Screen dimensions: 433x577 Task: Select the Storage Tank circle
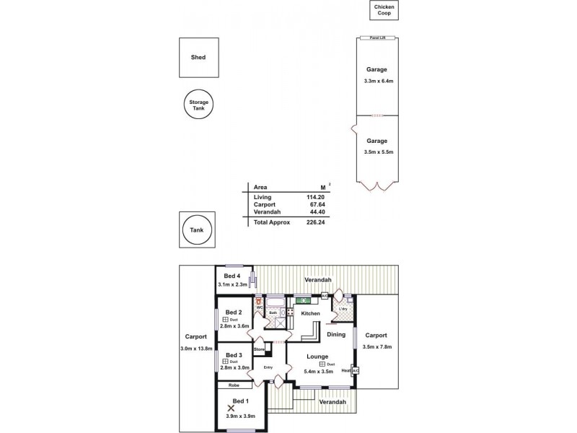coord(198,105)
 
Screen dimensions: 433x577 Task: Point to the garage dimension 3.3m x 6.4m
coord(376,81)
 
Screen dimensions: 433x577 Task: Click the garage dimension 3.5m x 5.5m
coord(376,152)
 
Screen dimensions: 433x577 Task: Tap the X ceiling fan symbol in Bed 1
coord(231,408)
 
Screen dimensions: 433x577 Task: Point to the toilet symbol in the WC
coord(257,299)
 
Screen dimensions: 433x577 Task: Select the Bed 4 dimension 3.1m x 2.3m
coord(232,284)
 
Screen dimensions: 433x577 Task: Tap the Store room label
coord(259,349)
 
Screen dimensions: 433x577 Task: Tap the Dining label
coord(336,334)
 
